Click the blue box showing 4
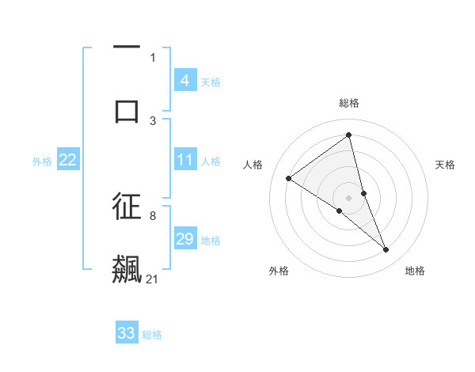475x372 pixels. click(184, 81)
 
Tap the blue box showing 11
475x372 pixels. click(184, 160)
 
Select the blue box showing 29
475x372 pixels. click(184, 239)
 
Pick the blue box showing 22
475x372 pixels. click(67, 160)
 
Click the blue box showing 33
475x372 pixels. click(127, 333)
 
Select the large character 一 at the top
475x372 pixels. click(127, 48)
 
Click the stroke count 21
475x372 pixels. click(153, 279)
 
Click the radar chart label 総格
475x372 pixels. click(349, 103)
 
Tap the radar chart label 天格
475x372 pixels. click(446, 165)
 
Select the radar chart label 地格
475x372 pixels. click(415, 271)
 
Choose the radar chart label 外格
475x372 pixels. click(278, 271)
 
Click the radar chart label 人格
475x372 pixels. click(253, 165)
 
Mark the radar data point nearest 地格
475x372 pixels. click(386, 250)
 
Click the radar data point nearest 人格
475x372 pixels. click(289, 178)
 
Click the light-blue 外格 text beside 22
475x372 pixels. click(42, 161)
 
